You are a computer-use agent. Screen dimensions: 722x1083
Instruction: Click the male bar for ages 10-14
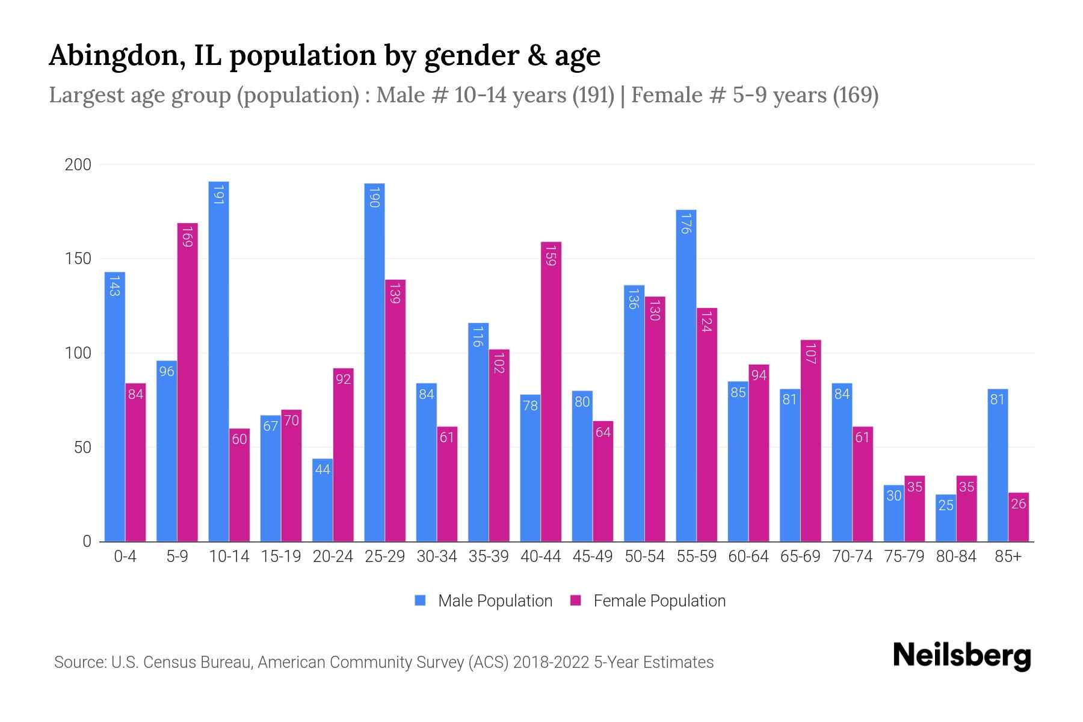pos(218,361)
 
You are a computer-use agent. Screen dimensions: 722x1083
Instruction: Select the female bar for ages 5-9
pos(187,382)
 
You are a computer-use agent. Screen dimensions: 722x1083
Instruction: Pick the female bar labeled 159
pos(551,391)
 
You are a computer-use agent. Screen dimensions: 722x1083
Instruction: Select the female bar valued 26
pos(1019,517)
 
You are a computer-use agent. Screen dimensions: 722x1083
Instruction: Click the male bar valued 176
pos(686,375)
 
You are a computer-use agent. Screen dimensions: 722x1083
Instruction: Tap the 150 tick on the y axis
pos(78,259)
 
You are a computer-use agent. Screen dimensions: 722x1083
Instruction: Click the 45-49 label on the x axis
pos(593,557)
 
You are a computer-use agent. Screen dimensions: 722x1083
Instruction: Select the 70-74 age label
pos(852,557)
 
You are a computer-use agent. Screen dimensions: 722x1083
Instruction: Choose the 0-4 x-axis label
pos(125,557)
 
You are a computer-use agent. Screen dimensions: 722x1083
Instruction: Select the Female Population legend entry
pos(659,601)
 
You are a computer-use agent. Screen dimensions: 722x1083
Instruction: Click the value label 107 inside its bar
pos(810,354)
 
